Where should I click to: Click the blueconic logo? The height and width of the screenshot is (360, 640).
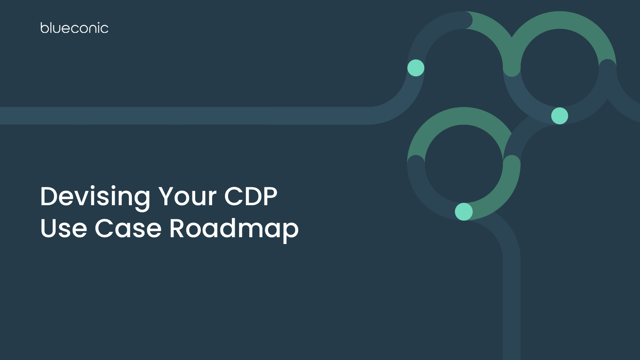tap(74, 28)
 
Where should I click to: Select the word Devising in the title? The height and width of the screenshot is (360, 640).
tap(95, 196)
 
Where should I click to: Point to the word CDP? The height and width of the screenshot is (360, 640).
tap(251, 196)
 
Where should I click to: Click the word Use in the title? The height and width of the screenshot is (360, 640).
tap(64, 228)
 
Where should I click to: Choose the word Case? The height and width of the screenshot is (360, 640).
tap(128, 228)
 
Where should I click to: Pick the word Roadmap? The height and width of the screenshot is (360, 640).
tap(234, 229)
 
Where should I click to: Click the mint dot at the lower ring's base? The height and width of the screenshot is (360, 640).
tap(464, 212)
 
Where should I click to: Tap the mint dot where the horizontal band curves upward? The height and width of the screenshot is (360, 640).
tap(416, 68)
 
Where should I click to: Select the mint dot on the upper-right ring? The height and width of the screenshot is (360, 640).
tap(560, 116)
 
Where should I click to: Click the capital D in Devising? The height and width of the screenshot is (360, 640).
tap(50, 196)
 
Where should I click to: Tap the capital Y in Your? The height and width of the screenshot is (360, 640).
tap(168, 196)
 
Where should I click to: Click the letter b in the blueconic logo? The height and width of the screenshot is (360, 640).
tap(44, 28)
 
